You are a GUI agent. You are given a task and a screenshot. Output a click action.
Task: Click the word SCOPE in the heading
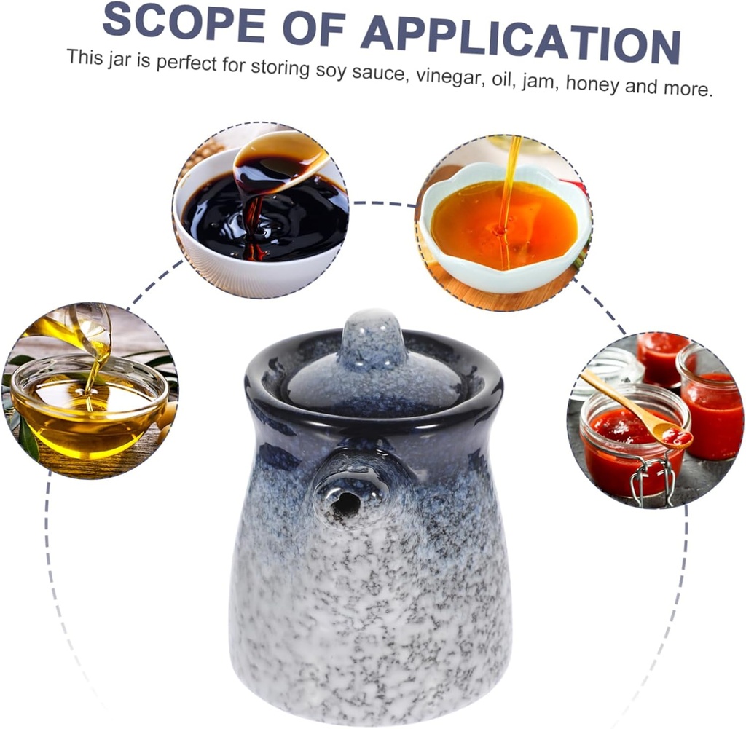[184, 23]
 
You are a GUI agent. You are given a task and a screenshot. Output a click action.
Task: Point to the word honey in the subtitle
[592, 84]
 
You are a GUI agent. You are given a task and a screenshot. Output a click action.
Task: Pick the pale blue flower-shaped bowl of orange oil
[505, 226]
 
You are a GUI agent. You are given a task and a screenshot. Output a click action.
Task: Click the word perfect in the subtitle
[186, 63]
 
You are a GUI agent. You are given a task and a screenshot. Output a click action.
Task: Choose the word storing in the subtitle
[280, 68]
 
